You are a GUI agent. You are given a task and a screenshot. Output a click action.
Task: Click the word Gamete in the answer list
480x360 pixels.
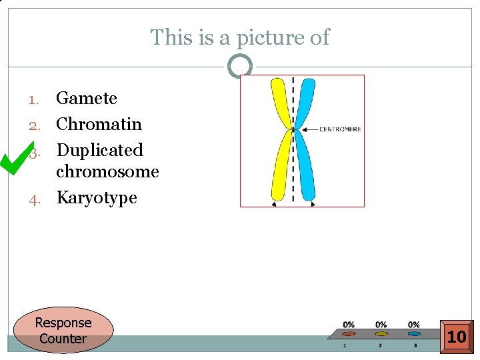tap(86, 99)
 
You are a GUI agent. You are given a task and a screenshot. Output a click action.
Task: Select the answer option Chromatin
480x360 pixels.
tap(99, 124)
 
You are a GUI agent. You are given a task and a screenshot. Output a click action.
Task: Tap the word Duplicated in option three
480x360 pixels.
tap(99, 150)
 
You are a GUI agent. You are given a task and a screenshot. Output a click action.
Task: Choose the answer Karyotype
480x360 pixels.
tap(96, 197)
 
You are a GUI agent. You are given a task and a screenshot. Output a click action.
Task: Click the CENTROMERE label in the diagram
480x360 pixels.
tap(340, 129)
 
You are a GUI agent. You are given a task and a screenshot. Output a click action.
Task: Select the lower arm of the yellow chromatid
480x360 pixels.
tap(280, 167)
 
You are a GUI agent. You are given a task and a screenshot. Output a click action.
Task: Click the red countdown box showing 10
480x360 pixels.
tap(457, 337)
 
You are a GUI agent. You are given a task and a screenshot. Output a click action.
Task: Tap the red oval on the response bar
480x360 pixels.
tap(349, 334)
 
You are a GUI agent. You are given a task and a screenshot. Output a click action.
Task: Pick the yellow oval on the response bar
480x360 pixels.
tap(381, 334)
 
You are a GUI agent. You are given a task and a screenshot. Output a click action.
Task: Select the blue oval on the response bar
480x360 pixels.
tap(414, 334)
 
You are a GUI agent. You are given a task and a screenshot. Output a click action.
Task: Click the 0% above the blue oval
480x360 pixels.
tap(414, 325)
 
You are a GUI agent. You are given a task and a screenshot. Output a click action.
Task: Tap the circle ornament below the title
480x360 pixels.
tap(239, 66)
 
